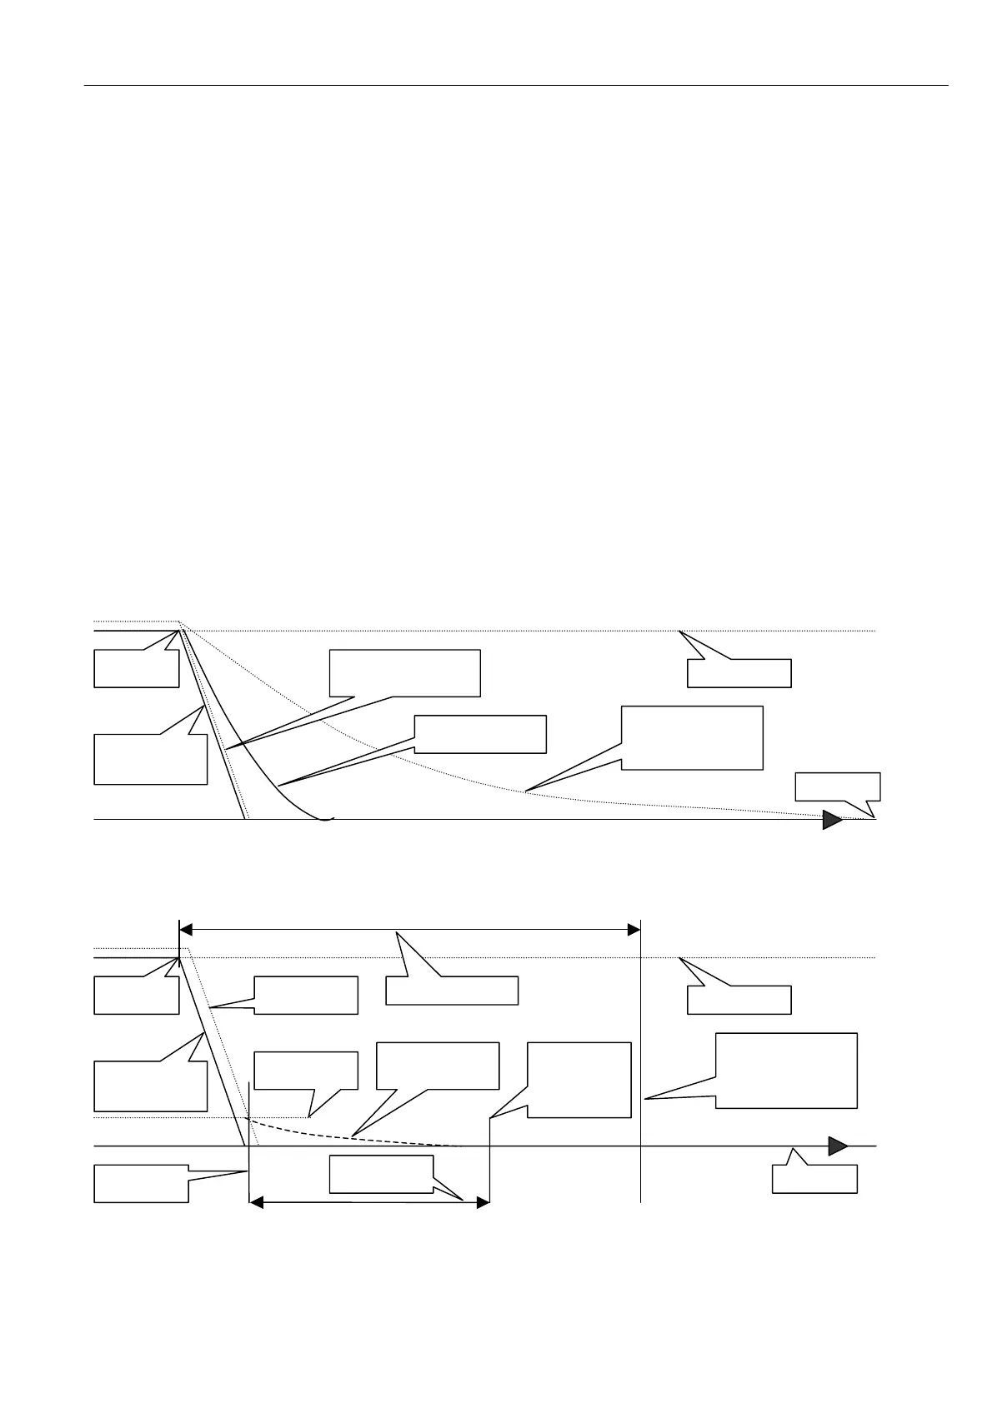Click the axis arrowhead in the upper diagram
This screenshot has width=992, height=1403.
(832, 820)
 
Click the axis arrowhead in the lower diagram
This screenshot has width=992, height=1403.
(838, 1146)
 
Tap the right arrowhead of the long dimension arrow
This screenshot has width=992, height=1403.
(633, 929)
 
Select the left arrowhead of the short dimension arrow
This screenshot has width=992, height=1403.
(257, 1203)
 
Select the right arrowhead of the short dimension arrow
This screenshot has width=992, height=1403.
(481, 1203)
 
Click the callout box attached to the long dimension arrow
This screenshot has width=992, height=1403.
(452, 991)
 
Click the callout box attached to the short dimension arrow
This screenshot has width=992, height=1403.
(381, 1174)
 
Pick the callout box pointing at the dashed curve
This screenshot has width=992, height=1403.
(438, 1066)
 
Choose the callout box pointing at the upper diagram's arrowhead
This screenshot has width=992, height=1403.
(837, 786)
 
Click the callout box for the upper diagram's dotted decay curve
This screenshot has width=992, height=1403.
(692, 737)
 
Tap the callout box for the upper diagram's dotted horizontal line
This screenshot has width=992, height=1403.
(739, 673)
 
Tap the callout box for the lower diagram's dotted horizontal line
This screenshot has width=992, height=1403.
(739, 1000)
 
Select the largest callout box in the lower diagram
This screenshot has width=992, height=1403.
(786, 1071)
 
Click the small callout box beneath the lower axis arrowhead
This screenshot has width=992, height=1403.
(814, 1179)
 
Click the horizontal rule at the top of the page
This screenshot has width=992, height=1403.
(517, 85)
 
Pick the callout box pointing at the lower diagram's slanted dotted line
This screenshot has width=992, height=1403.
(305, 996)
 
